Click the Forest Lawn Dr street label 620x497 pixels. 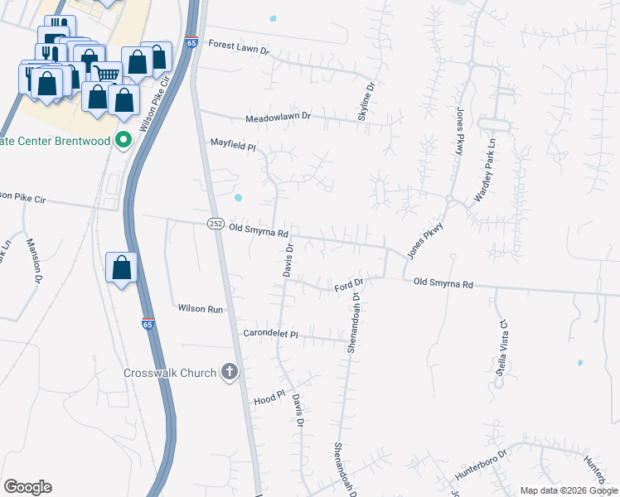(240, 46)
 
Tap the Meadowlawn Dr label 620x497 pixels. (277, 118)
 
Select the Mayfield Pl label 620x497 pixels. (233, 145)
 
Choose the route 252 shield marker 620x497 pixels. (216, 224)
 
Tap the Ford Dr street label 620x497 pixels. (349, 286)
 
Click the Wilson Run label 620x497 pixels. (201, 308)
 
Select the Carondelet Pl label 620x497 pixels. (269, 334)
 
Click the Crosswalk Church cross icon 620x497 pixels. (229, 373)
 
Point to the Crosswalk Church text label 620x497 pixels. (170, 373)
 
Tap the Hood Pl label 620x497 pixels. (269, 398)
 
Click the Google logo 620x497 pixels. (27, 486)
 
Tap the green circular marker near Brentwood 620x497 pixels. (124, 140)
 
